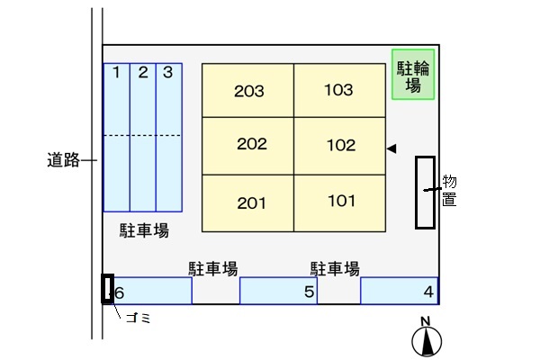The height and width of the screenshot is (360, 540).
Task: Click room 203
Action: tap(248, 90)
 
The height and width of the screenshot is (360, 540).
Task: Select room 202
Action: tap(248, 146)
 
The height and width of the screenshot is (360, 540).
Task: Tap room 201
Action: tap(248, 203)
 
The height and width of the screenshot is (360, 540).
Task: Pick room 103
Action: tap(339, 90)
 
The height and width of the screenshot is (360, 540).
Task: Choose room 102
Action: tap(339, 146)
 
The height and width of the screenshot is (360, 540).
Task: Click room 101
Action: tap(339, 203)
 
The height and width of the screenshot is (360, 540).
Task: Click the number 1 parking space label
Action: tap(116, 72)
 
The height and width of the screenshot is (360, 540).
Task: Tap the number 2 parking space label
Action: tap(143, 72)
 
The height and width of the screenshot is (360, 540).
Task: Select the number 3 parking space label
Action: tap(167, 72)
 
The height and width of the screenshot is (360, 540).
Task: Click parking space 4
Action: tap(400, 291)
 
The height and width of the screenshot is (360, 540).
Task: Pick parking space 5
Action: tap(278, 291)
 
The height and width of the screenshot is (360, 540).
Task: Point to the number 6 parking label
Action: tap(119, 293)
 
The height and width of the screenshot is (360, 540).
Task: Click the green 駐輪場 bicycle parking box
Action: tap(413, 75)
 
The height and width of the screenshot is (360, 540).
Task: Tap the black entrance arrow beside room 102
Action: tap(391, 148)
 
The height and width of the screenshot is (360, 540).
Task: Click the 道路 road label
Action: tap(63, 160)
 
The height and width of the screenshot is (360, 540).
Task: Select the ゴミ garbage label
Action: tap(139, 318)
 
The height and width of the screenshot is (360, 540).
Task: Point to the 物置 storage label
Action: tap(449, 191)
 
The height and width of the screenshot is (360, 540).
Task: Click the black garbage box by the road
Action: tap(107, 289)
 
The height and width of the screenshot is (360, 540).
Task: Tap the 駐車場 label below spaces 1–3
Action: tap(144, 230)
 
